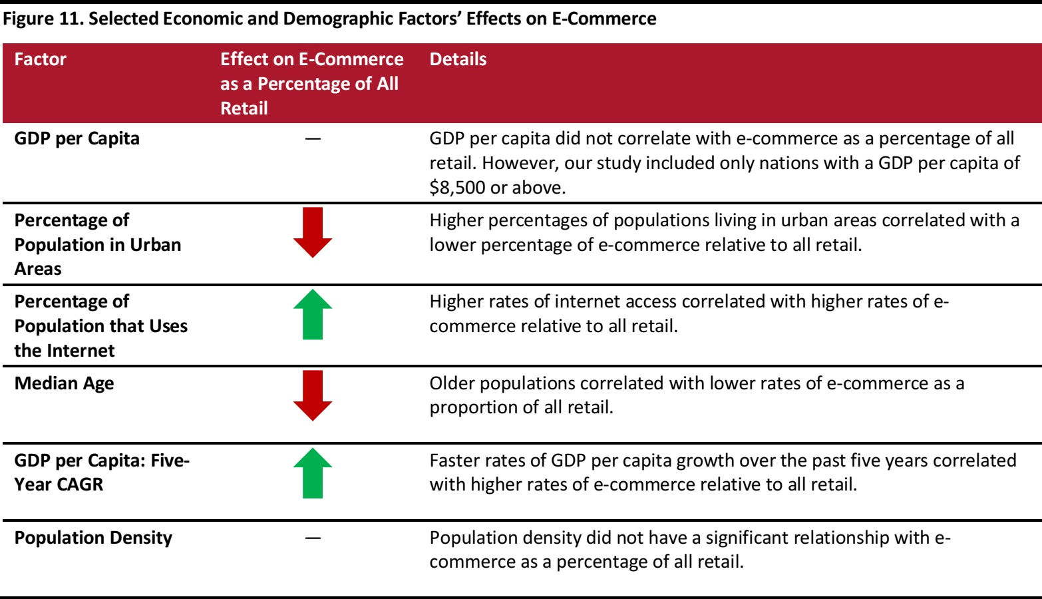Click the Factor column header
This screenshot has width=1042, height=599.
point(41,59)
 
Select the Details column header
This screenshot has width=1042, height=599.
point(458,59)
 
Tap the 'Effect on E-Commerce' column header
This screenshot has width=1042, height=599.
point(311,83)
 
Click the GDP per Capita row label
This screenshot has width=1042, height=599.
point(77,138)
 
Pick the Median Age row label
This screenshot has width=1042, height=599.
point(65,383)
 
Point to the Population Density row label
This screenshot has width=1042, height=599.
point(93,538)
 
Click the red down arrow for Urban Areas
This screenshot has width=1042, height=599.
point(313,232)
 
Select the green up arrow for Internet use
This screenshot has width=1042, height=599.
point(313,314)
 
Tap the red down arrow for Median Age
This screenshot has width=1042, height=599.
point(313,395)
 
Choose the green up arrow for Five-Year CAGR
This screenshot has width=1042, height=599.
point(313,473)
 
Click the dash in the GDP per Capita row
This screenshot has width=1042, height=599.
point(313,138)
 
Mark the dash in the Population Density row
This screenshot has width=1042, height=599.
point(313,538)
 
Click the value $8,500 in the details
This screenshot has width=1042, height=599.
point(457,188)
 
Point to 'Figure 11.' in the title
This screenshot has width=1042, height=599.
point(43,19)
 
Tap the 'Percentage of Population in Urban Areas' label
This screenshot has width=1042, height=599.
point(98,244)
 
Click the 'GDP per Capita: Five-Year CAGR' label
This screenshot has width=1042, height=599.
point(102,472)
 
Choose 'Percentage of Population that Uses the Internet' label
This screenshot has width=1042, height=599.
point(101,326)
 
